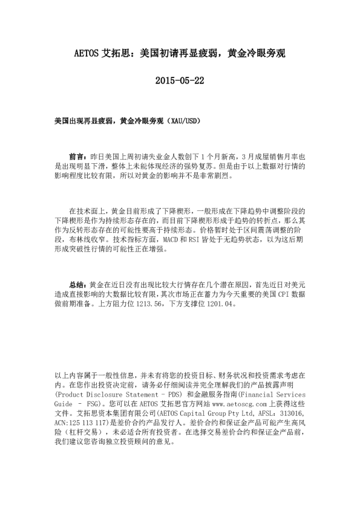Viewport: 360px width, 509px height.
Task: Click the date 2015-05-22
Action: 180,80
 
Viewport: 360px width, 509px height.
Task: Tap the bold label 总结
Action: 78,284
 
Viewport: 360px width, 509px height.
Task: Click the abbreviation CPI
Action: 267,294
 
